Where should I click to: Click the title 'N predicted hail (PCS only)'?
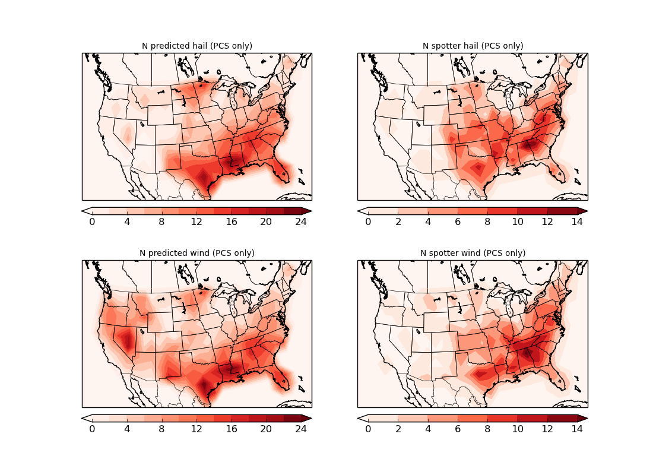(x=196, y=46)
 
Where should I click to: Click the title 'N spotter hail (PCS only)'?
(x=473, y=46)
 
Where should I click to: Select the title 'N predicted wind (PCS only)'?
(x=196, y=253)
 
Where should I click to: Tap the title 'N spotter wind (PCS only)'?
(x=473, y=253)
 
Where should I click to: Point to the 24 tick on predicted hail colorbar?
(x=301, y=221)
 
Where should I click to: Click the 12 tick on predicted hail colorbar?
(x=196, y=221)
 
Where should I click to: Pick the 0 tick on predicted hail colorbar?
(x=92, y=221)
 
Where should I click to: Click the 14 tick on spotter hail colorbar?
(x=577, y=221)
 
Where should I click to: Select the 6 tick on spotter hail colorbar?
(x=458, y=221)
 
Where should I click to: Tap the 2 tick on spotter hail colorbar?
(x=398, y=221)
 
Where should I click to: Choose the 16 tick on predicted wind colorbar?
(x=232, y=429)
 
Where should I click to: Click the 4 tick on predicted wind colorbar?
(x=127, y=429)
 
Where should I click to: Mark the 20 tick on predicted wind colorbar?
(x=266, y=429)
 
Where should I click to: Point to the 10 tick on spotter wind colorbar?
(x=517, y=429)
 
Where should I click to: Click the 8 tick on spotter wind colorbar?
(x=487, y=429)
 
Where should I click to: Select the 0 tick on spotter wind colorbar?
(x=368, y=429)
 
